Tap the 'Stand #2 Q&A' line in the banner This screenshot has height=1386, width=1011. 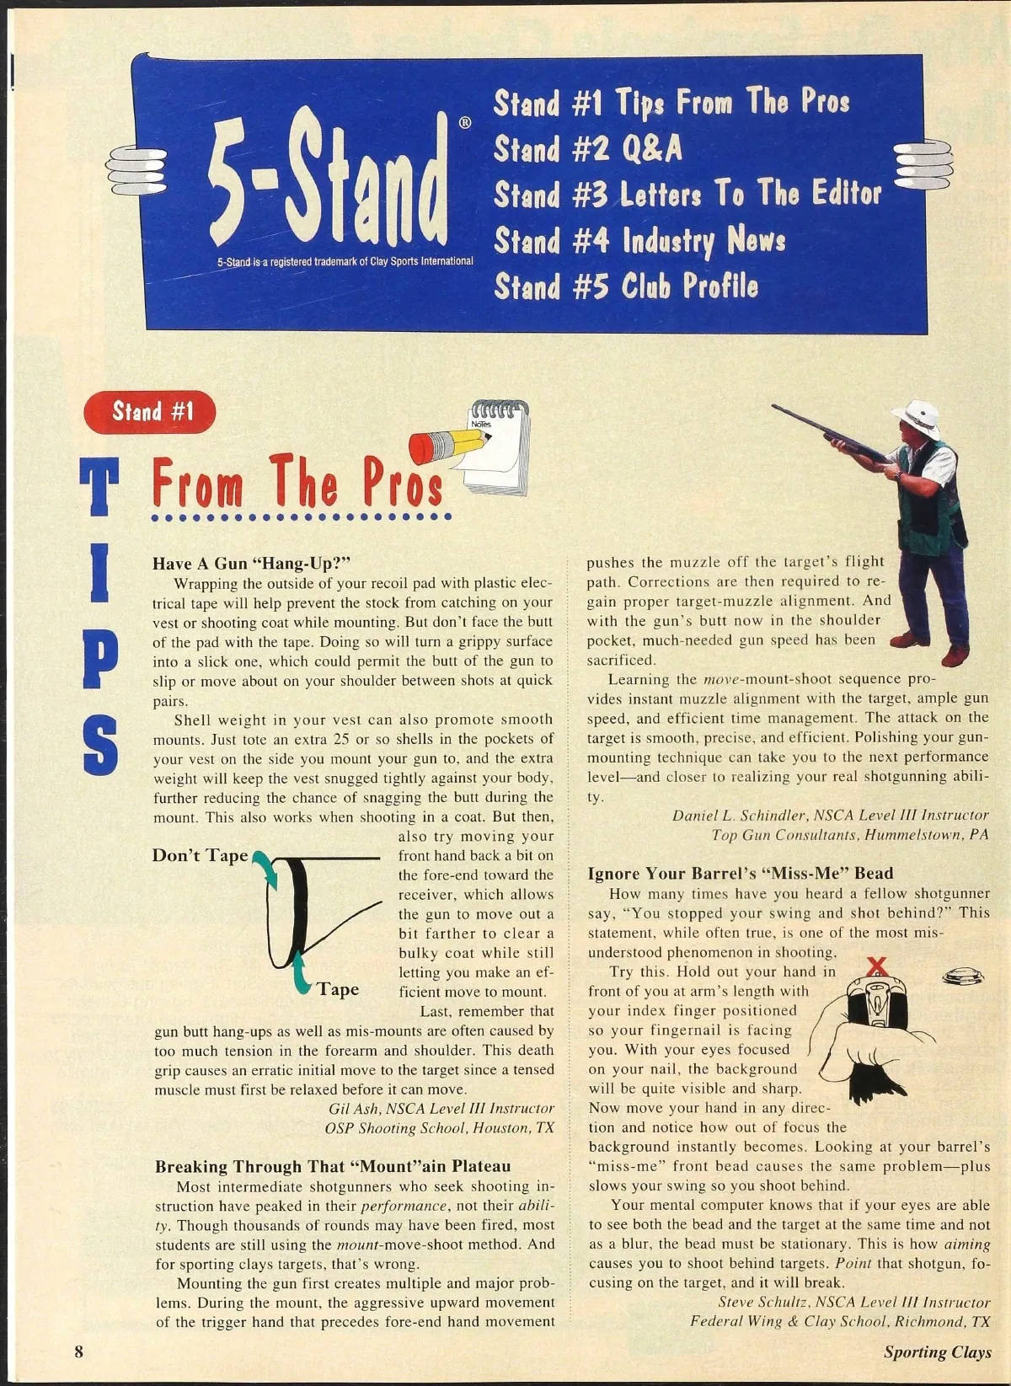pos(587,148)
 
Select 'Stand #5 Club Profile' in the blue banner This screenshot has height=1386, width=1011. pos(625,286)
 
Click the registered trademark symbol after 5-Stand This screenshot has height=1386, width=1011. pos(466,122)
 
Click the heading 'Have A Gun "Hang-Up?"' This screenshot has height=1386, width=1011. pos(252,563)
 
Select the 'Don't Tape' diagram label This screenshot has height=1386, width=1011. pos(200,856)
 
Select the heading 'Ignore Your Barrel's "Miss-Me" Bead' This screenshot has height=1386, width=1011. pos(740,873)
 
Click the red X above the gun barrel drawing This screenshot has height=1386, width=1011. pos(877,966)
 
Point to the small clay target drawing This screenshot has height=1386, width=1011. pos(963,977)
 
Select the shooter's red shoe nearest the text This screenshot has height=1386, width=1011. pos(911,640)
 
